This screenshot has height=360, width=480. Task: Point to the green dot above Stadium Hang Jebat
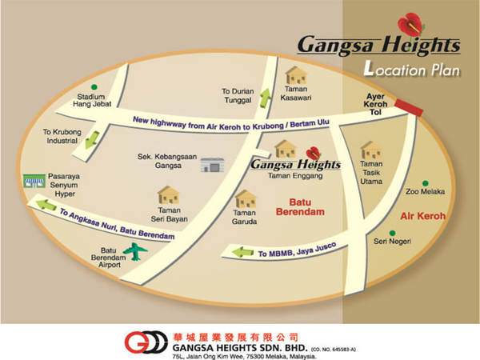pyautogui.click(x=94, y=86)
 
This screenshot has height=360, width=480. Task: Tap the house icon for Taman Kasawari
pyautogui.click(x=296, y=76)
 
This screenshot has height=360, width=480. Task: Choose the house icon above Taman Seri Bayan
pyautogui.click(x=169, y=194)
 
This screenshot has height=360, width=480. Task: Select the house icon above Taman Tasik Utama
pyautogui.click(x=370, y=150)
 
